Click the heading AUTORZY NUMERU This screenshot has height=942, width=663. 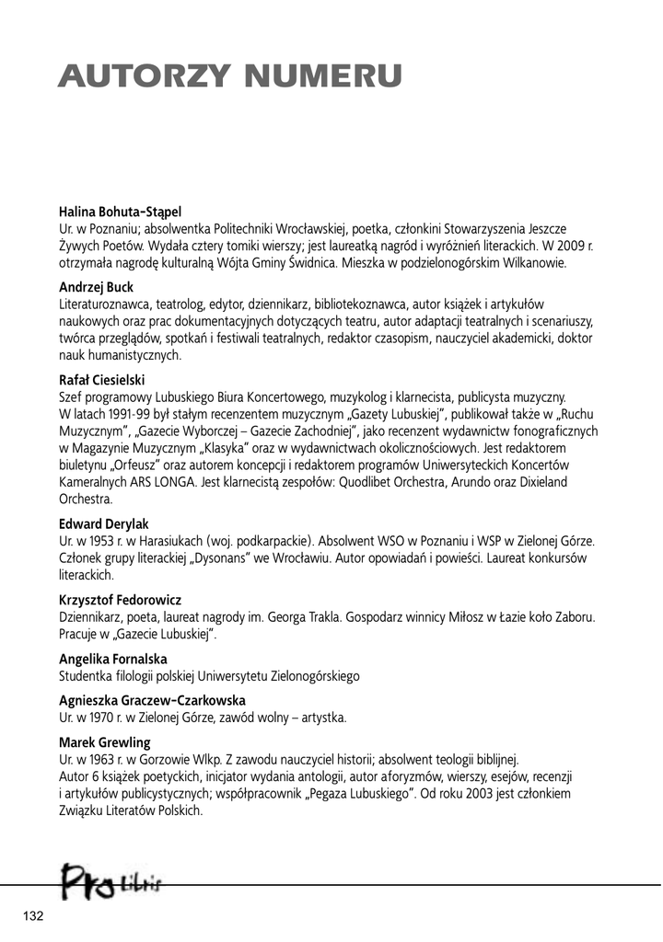pyautogui.click(x=229, y=75)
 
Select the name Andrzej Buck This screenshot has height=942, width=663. pyautogui.click(x=96, y=287)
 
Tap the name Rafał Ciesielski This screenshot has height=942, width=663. pyautogui.click(x=102, y=380)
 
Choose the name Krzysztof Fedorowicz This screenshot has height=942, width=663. pyautogui.click(x=120, y=600)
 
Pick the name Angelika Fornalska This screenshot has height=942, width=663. pyautogui.click(x=112, y=659)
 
